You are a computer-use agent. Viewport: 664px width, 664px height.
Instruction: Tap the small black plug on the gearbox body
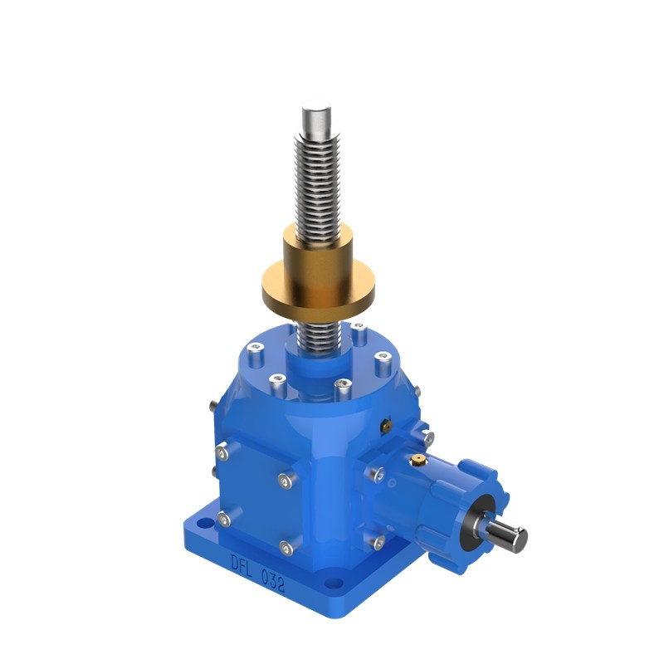(384, 424)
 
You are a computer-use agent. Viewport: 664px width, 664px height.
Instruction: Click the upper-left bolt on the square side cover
(222, 452)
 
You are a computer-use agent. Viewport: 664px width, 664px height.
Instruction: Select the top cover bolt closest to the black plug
(383, 359)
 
